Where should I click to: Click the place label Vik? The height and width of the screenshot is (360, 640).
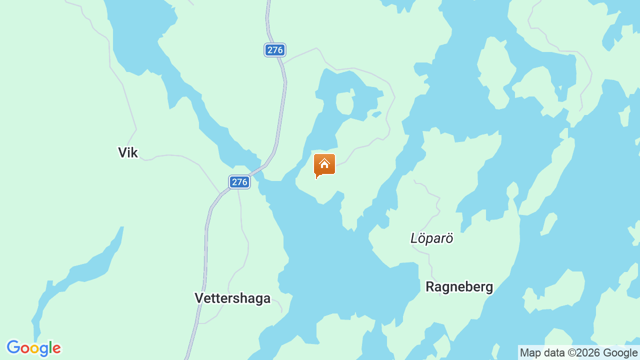(x=127, y=152)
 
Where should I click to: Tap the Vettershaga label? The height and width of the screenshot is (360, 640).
(x=232, y=298)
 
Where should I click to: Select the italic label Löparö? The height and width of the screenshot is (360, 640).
(x=431, y=238)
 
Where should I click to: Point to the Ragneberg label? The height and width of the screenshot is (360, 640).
(x=459, y=287)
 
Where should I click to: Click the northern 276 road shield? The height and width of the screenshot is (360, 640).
(x=275, y=50)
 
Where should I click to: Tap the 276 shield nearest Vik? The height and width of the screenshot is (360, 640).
(x=239, y=182)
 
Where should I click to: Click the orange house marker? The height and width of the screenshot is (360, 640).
(x=324, y=165)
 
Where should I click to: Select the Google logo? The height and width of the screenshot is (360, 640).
(x=33, y=348)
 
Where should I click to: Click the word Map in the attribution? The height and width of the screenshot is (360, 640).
(x=530, y=353)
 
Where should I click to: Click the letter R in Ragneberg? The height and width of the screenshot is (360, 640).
(x=430, y=287)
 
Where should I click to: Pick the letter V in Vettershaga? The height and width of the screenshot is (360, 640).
(x=199, y=298)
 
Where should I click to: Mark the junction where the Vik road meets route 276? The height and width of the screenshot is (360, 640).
(x=220, y=193)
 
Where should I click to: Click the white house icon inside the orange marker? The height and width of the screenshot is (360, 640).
(x=324, y=163)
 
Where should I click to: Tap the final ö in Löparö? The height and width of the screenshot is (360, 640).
(x=449, y=238)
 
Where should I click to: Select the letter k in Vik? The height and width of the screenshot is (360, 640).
(x=134, y=152)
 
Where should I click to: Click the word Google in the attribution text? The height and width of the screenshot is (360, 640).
(x=619, y=353)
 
